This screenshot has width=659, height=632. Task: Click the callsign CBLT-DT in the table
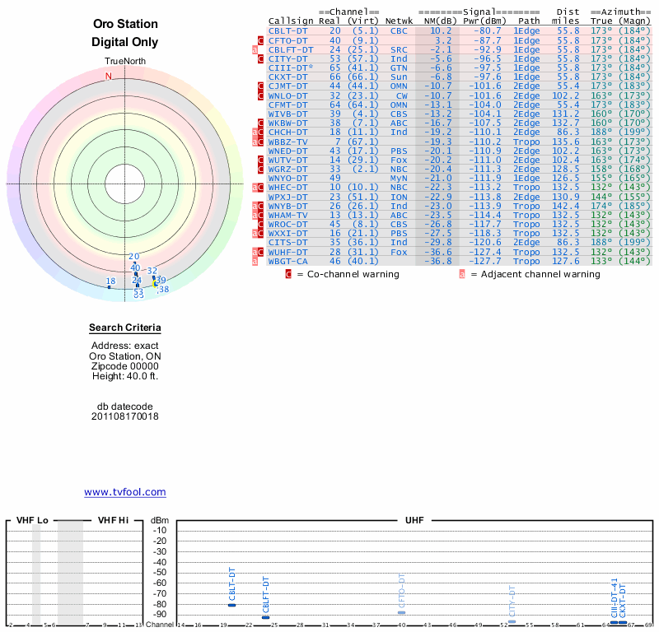(x=288, y=30)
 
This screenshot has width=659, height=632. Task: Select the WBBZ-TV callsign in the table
(x=288, y=142)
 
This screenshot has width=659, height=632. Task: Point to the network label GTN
(x=399, y=67)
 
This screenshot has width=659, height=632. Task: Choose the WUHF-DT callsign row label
(x=288, y=252)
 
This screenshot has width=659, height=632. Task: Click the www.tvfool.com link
(x=125, y=492)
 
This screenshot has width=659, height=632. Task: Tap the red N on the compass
(x=108, y=76)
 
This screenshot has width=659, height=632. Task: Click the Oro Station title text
(x=125, y=24)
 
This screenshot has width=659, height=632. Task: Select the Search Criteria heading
(x=125, y=328)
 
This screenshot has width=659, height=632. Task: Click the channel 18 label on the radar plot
(x=110, y=281)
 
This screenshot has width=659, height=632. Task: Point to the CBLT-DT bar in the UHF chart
(x=231, y=605)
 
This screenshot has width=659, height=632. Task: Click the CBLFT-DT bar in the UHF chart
(x=265, y=617)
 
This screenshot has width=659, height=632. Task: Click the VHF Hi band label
(x=113, y=520)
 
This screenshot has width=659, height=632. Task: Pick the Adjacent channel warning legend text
(x=535, y=274)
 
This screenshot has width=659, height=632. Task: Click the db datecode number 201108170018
(x=125, y=416)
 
